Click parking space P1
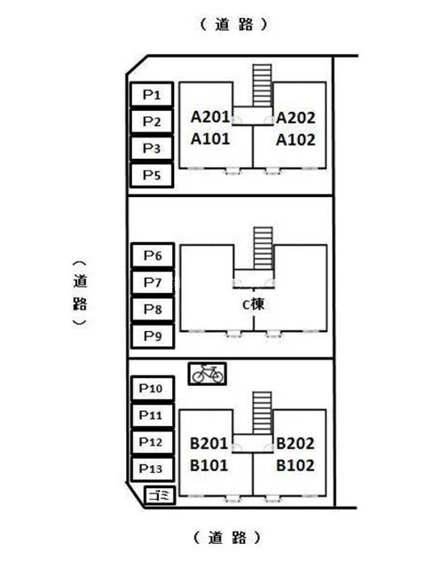[x=152, y=95]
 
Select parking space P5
[x=152, y=176]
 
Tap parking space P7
[x=153, y=282]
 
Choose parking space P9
[x=153, y=336]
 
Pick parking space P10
[x=153, y=389]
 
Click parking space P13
[x=153, y=469]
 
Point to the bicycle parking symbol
[x=207, y=374]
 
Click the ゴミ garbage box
[x=160, y=495]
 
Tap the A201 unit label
[x=210, y=117]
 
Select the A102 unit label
[x=296, y=140]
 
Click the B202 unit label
[x=296, y=444]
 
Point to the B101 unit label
[x=209, y=465]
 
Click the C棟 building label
[x=253, y=304]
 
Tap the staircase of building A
[x=263, y=85]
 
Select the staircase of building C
[x=263, y=248]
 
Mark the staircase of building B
[x=263, y=413]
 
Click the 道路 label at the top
[x=234, y=25]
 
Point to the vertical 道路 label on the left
[x=80, y=292]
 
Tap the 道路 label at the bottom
[x=227, y=538]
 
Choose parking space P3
[x=152, y=148]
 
